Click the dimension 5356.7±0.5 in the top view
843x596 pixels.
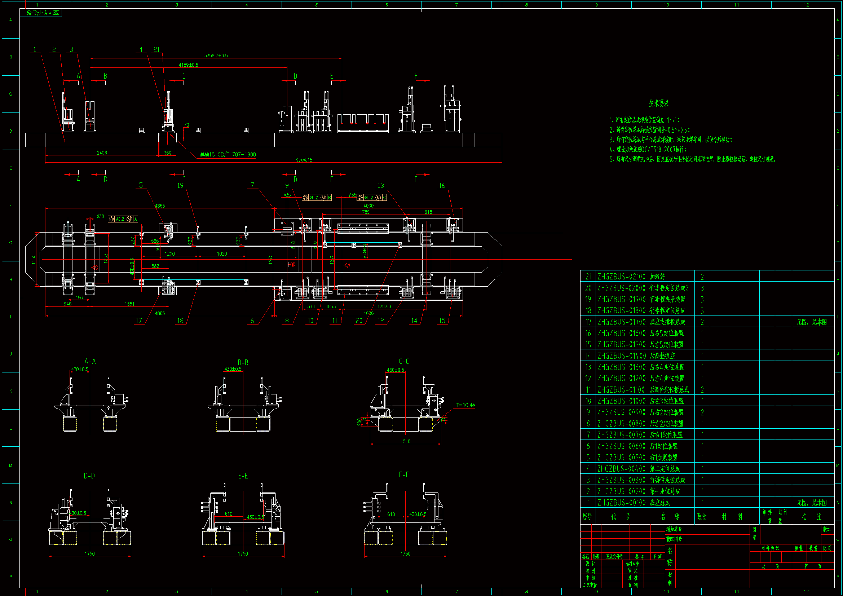(216, 56)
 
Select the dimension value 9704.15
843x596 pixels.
(304, 160)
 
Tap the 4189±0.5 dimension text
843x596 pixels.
(188, 65)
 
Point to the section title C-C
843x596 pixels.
(404, 361)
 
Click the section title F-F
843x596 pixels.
(404, 474)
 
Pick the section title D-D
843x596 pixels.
(89, 476)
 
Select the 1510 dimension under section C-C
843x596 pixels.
(405, 441)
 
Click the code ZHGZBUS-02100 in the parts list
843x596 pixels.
(621, 277)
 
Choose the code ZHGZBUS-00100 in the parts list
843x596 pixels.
(621, 502)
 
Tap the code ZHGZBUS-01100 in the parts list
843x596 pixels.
(621, 390)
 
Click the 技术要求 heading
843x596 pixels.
(659, 103)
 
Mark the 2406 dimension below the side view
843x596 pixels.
(102, 153)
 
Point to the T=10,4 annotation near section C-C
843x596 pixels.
(465, 405)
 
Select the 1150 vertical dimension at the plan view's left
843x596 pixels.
(34, 259)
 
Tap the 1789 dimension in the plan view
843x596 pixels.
(365, 212)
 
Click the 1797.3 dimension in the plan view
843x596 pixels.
(384, 306)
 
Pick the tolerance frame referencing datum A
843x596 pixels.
(123, 219)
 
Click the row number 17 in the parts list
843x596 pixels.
(588, 322)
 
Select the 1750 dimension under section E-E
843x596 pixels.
(243, 553)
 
